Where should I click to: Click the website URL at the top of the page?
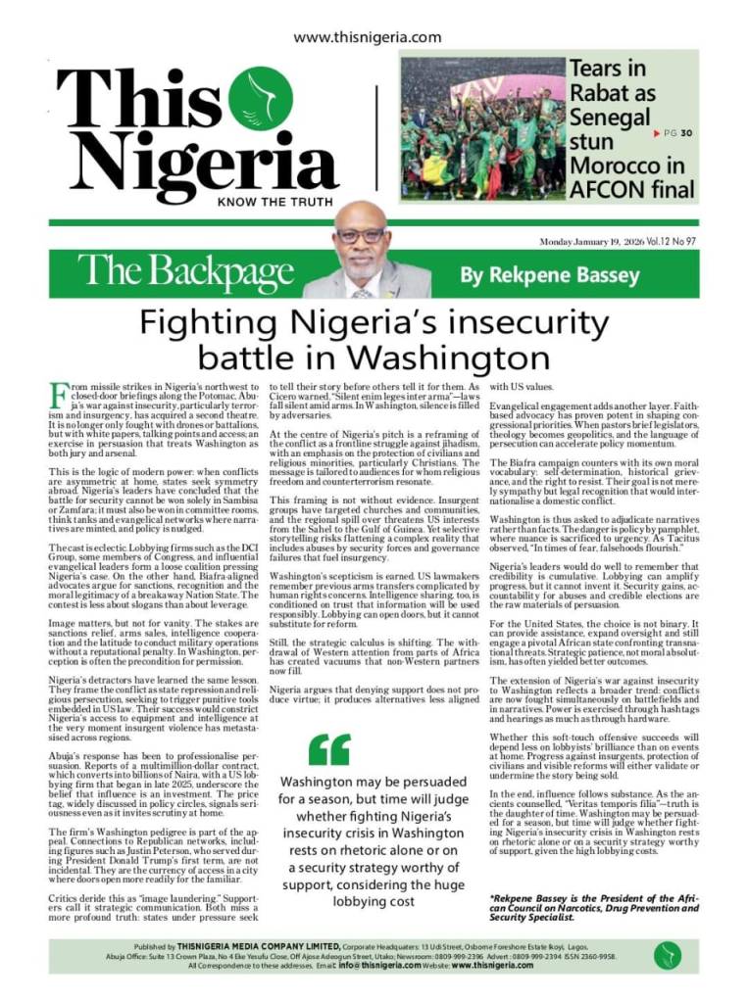pyautogui.click(x=368, y=37)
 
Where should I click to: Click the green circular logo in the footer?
pyautogui.click(x=669, y=955)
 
